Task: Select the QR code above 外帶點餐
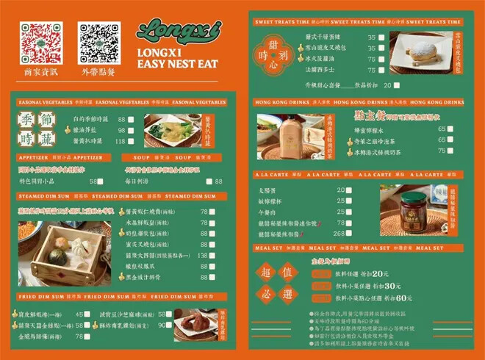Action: (98, 43)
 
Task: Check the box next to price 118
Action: (131, 141)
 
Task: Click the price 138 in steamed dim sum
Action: (203, 255)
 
